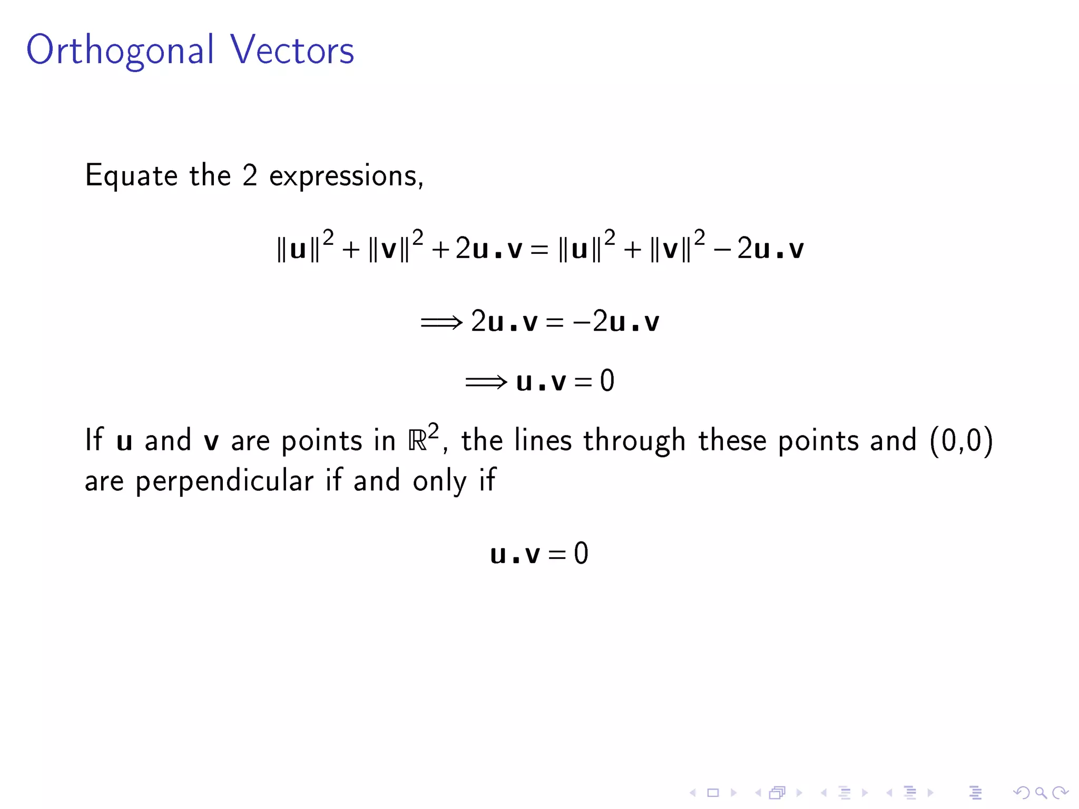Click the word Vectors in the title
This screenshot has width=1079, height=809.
292,50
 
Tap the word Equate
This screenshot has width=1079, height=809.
131,176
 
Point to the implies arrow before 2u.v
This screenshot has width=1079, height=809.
441,322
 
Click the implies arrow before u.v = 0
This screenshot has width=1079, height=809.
486,381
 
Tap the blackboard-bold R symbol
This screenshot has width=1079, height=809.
417,441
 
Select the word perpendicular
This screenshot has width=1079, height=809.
224,481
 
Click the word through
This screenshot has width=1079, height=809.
634,441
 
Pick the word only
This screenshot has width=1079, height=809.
439,481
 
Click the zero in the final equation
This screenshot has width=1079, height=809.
581,554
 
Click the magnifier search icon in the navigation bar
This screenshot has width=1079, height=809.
1041,792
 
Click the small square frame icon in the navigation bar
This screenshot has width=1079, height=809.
713,792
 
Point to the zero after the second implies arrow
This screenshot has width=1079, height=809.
607,381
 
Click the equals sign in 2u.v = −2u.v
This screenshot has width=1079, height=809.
555,322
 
